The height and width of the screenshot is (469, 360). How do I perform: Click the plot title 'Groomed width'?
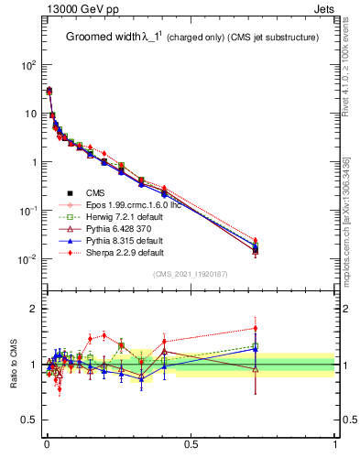[104, 38]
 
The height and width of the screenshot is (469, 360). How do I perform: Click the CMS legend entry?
[94, 192]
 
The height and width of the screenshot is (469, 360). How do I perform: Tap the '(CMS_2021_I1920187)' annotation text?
[191, 275]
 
